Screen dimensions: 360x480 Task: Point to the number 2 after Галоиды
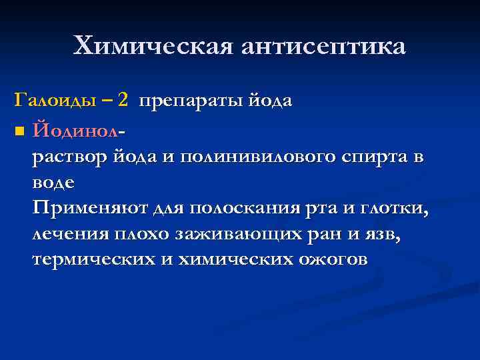[x=123, y=101]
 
